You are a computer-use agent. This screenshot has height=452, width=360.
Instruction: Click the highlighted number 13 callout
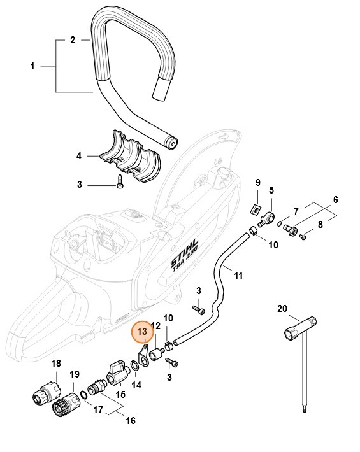[141, 332]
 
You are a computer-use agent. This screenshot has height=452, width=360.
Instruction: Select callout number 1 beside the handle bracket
[32, 66]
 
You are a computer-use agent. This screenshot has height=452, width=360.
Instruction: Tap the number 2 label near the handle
[73, 39]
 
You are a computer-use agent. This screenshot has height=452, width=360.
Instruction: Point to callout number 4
[79, 155]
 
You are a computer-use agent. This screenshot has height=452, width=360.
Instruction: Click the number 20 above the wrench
[282, 309]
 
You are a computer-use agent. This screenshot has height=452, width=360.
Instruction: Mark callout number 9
[258, 183]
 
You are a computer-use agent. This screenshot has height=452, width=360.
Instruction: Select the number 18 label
[56, 364]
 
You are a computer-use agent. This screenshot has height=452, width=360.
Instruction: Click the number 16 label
[131, 421]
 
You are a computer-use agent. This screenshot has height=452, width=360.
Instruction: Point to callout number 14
[136, 385]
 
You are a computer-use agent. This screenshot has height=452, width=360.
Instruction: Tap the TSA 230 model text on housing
[189, 271]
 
